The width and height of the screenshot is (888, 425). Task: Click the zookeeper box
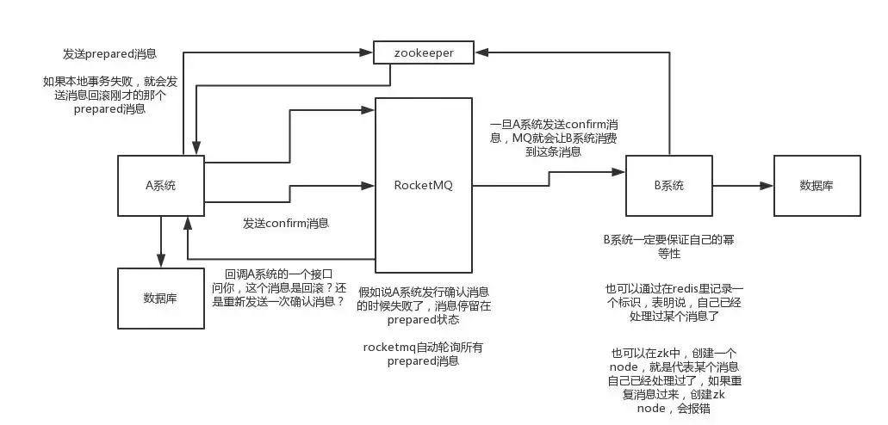coord(425,52)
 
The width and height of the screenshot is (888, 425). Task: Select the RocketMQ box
coord(423,184)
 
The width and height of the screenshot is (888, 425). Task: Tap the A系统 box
coord(161,184)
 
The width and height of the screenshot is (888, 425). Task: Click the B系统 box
coord(668,184)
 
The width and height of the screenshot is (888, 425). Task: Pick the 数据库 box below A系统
coord(160,298)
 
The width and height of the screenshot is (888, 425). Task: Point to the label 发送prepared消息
coord(109,53)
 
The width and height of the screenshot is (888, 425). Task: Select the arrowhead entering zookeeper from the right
coord(482,52)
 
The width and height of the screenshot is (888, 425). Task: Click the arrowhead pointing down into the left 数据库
coord(161,262)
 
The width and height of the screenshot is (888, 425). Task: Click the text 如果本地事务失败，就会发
coord(109,82)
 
